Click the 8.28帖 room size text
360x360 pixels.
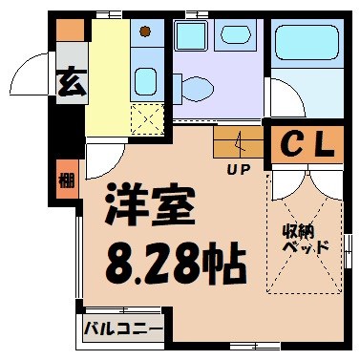point(164,255)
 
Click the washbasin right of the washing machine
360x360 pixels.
point(233,35)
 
